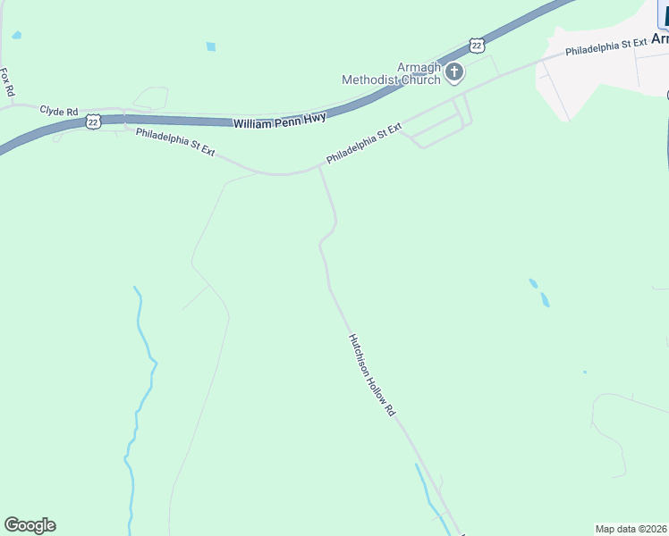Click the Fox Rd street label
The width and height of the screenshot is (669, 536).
tap(7, 82)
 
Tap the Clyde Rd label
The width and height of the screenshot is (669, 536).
tap(58, 112)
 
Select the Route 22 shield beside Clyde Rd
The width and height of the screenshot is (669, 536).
tap(93, 121)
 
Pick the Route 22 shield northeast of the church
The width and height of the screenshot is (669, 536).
tap(477, 46)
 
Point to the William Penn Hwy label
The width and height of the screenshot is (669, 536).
tap(279, 119)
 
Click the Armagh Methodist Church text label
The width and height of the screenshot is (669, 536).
tap(392, 73)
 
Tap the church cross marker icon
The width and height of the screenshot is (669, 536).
tap(454, 72)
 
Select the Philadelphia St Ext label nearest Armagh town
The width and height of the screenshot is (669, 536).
tap(605, 47)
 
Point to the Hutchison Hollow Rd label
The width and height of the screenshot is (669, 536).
tap(372, 375)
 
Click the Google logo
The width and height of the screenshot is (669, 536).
tap(30, 525)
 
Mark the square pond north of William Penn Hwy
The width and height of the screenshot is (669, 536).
tap(211, 46)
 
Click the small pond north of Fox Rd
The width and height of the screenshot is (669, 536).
tap(16, 35)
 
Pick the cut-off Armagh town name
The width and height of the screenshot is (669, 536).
tap(659, 39)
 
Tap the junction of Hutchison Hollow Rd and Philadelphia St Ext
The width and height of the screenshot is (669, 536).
tap(319, 166)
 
